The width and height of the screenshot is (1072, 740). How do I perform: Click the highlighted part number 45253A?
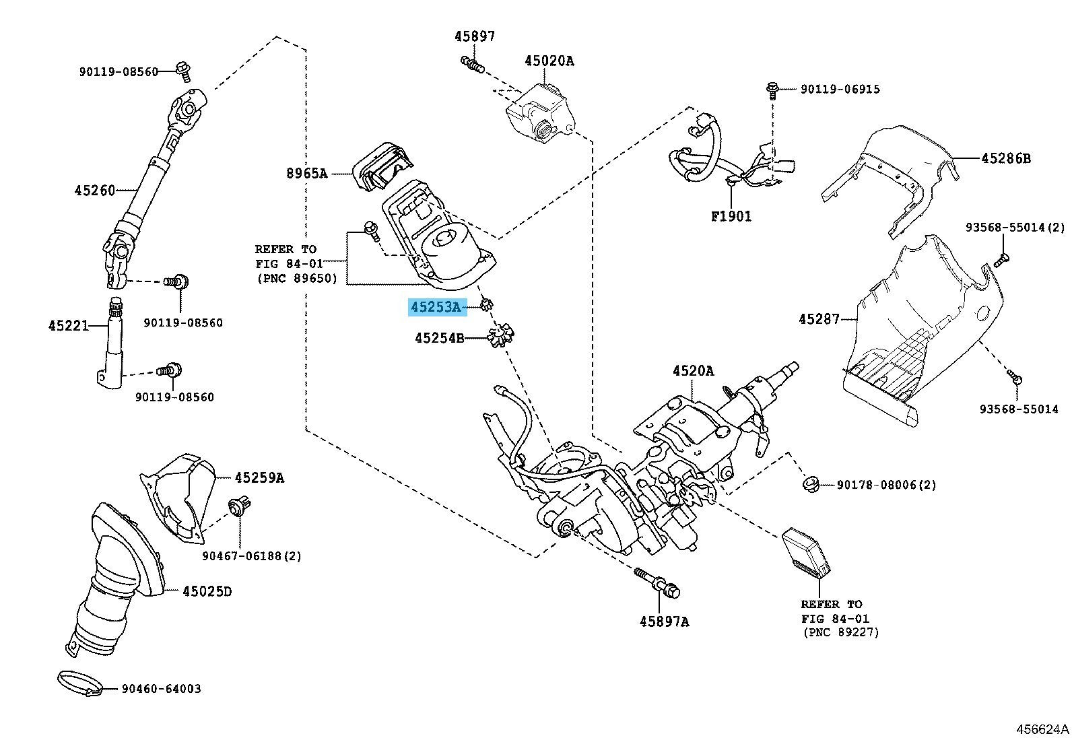tap(436, 308)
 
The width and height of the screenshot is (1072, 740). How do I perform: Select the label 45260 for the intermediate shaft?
tap(95, 191)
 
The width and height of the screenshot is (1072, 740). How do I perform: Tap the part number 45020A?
tap(549, 61)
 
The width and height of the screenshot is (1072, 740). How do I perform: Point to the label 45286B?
tap(1005, 159)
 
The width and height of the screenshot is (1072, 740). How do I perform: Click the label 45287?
tap(819, 319)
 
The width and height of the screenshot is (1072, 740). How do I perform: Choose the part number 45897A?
tap(664, 621)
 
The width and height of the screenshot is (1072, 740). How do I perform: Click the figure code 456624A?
tap(1042, 729)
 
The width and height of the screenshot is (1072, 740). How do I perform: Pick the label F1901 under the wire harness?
tap(731, 216)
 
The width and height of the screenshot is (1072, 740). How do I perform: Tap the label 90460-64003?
tap(161, 689)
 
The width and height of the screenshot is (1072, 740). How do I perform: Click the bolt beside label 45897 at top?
tap(473, 65)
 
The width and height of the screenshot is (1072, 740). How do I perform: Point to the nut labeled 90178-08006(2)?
tap(811, 483)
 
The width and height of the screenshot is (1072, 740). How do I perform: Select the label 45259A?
tap(259, 478)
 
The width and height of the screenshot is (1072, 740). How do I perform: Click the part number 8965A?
tap(306, 174)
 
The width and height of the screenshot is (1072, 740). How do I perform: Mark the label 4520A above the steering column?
tap(693, 370)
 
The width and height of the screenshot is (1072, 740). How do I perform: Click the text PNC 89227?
tap(840, 632)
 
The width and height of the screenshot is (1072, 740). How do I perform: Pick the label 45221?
tap(68, 326)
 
